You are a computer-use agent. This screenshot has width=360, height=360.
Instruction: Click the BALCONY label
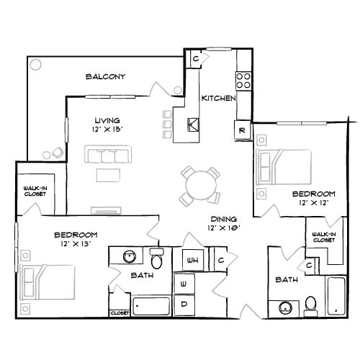pyautogui.click(x=106, y=76)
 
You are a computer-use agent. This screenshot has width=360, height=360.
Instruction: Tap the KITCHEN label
pyautogui.click(x=218, y=98)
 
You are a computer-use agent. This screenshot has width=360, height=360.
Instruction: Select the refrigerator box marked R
pyautogui.click(x=242, y=130)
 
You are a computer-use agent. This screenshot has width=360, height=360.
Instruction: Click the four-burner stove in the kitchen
pyautogui.click(x=243, y=81)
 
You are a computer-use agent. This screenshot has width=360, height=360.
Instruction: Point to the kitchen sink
pyautogui.click(x=193, y=125)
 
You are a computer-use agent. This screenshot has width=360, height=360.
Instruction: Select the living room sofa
pyautogui.click(x=108, y=154)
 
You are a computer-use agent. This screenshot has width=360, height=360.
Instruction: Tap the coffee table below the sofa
pyautogui.click(x=108, y=175)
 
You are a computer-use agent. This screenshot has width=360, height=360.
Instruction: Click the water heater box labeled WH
pyautogui.click(x=193, y=260)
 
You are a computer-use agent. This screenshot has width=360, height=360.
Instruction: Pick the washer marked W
pyautogui.click(x=184, y=284)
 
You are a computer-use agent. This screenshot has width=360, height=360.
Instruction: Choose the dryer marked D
pyautogui.click(x=184, y=305)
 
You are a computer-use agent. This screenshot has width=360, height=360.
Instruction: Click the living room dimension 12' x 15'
pyautogui.click(x=107, y=130)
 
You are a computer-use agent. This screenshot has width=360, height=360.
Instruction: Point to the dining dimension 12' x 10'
pyautogui.click(x=224, y=228)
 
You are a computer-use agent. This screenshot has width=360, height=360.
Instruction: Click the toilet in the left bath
pyautogui.click(x=157, y=258)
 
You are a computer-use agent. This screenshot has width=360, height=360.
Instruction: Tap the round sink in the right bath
pyautogui.click(x=286, y=307)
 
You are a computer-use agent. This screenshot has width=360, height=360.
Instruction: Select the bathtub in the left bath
pyautogui.click(x=151, y=306)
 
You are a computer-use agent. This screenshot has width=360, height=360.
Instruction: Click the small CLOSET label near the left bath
pyautogui.click(x=120, y=313)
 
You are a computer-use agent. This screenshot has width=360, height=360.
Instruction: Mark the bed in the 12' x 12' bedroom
pyautogui.click(x=284, y=167)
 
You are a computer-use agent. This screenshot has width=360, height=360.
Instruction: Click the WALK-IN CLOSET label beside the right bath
pyautogui.click(x=324, y=237)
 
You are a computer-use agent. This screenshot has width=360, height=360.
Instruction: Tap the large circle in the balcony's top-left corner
pyautogui.click(x=35, y=64)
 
